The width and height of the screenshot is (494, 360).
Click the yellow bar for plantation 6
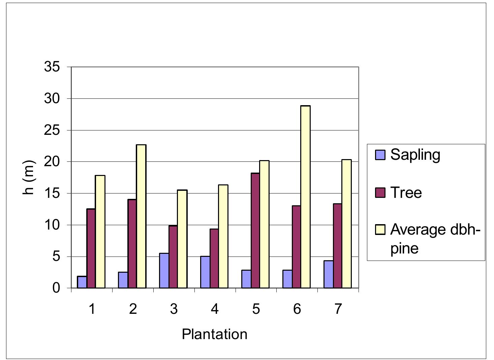coord(305,197)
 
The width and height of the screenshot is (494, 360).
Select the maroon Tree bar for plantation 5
coord(255,231)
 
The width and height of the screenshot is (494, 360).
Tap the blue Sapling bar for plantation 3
coord(164,271)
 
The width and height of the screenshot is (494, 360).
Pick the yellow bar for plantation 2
coord(141,216)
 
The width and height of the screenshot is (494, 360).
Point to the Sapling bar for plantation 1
coord(82,282)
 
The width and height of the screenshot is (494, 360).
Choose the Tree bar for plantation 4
coord(214,259)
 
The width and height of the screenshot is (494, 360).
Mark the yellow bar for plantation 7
coord(346,224)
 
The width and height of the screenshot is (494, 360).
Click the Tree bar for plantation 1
coord(91,248)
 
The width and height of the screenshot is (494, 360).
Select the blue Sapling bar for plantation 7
coord(329,274)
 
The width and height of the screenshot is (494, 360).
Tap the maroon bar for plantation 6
coord(297,247)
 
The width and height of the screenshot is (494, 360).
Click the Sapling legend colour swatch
coord(380,155)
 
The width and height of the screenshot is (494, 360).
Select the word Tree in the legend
coord(406,193)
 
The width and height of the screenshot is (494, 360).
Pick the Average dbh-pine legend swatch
coord(380,230)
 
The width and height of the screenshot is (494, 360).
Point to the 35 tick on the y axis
coord(52,67)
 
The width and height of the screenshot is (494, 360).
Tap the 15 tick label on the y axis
coord(52,193)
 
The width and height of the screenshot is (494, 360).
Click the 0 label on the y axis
coord(56,289)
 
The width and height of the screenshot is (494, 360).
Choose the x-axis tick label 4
coord(215,309)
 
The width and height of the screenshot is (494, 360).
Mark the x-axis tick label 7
coord(338,309)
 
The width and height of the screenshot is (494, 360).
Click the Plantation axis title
coord(215,334)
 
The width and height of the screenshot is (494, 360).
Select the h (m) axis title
coord(30,177)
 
